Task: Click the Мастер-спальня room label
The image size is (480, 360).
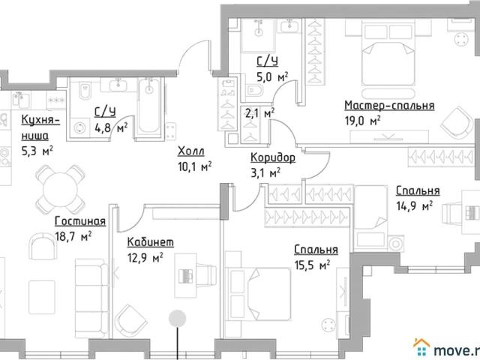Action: [x=389, y=105]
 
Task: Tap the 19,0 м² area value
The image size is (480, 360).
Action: [x=363, y=121]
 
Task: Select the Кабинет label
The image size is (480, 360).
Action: [x=151, y=242]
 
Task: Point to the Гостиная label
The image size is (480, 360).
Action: [x=80, y=221]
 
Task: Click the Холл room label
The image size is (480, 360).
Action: [x=191, y=151]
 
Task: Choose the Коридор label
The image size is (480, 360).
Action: [x=273, y=157]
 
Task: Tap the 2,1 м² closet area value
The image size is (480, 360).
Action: [x=260, y=113]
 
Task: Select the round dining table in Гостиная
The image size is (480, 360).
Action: [x=60, y=190]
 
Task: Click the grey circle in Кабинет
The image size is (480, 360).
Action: [x=177, y=318]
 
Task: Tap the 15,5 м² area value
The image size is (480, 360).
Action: [x=312, y=265]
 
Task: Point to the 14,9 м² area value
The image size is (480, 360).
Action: [x=415, y=205]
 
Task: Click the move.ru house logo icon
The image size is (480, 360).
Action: [x=421, y=347]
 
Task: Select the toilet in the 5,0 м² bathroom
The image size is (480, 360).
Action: [x=255, y=90]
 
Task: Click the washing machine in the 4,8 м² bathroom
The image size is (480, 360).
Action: [x=81, y=128]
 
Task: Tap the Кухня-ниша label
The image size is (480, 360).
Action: [x=40, y=127]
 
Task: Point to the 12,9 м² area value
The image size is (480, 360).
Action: [x=145, y=258]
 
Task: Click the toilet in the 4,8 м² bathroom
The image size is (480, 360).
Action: [x=85, y=91]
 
